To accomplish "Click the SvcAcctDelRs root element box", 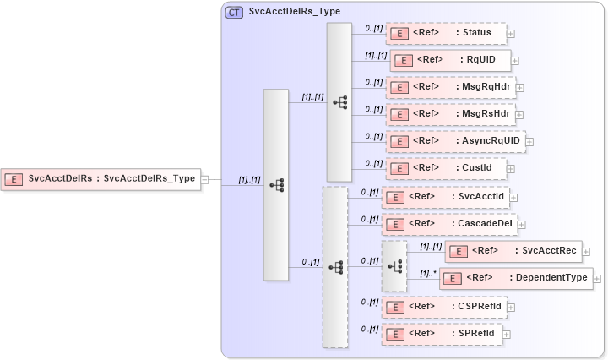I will [100, 178].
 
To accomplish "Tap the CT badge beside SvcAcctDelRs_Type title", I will [233, 13].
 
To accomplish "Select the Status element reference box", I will [446, 33].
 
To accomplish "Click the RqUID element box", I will [449, 60].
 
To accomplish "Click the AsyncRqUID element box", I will [455, 140].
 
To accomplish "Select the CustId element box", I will [446, 167].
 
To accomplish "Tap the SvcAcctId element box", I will [444, 197].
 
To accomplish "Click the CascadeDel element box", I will [448, 223].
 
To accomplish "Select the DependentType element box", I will [515, 277].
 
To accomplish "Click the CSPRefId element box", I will [444, 307].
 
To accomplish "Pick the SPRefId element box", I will [441, 334].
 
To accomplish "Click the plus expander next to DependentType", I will [597, 278].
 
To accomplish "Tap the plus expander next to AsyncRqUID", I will [529, 141].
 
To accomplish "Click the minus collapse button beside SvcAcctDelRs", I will [205, 179].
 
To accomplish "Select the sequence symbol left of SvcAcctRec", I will [394, 264].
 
